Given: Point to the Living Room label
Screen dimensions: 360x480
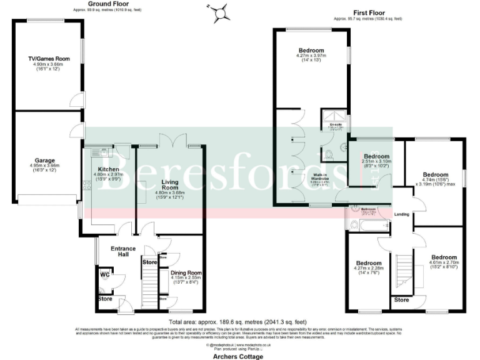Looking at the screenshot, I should [171, 183].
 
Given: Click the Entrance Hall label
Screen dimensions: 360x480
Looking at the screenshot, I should [123, 251].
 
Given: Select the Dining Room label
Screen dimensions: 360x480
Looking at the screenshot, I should [186, 272].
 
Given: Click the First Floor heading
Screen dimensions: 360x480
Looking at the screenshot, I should [368, 12].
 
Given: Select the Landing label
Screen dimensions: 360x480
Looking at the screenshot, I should [402, 214].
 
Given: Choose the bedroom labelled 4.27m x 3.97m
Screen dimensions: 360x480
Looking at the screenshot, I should [311, 50].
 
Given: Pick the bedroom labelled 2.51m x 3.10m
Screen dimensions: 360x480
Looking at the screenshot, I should [377, 156].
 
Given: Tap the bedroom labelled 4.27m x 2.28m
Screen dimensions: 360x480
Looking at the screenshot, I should [369, 263].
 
